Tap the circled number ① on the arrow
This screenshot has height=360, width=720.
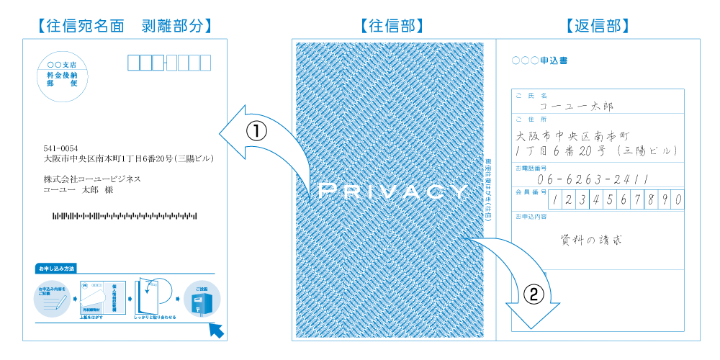257,131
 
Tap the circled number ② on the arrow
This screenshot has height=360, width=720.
533,293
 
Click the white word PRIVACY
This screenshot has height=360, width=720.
392,192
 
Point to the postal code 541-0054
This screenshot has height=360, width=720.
60,148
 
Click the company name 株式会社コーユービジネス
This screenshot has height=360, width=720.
91,179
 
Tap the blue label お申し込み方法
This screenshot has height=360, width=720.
55,269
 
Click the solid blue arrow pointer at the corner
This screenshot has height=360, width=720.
217,330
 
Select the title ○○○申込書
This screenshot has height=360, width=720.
539,60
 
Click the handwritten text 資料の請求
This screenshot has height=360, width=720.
591,240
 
